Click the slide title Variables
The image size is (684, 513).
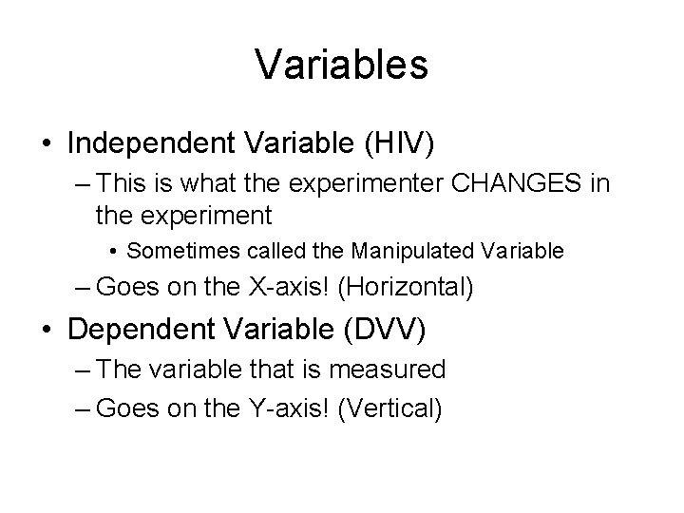342,65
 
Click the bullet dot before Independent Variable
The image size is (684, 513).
47,145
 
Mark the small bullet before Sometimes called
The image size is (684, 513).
112,252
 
